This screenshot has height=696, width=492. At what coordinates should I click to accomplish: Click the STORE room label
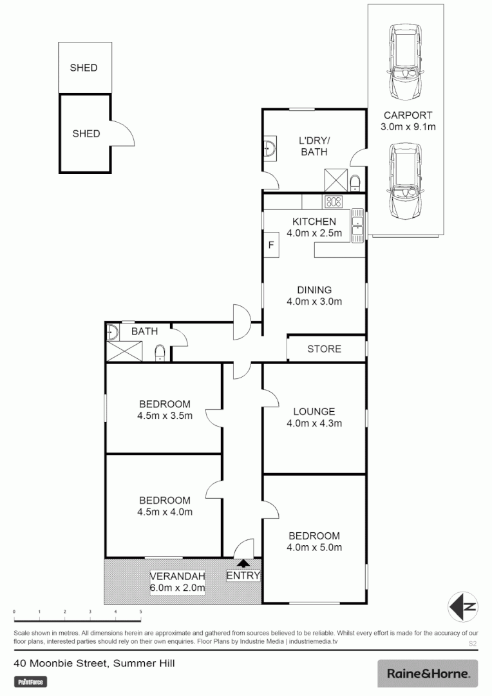point(324,349)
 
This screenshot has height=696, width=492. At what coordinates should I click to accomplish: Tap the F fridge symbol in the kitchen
point(271,245)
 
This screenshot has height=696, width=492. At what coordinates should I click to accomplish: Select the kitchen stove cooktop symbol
point(334,202)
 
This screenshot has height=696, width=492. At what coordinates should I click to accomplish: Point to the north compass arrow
point(464,606)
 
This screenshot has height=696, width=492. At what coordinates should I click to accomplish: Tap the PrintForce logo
point(31,681)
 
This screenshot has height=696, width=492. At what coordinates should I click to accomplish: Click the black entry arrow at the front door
point(242,564)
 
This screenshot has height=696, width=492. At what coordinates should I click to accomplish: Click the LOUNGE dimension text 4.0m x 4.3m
point(314,423)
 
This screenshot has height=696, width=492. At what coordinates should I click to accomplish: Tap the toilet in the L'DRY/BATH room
point(355,181)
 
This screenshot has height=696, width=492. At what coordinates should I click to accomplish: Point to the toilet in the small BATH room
point(160,352)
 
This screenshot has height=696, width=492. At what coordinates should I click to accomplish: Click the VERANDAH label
point(177,575)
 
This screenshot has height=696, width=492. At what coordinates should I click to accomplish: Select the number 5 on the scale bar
point(140,612)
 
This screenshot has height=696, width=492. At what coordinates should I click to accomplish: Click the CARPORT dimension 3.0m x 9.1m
point(408,127)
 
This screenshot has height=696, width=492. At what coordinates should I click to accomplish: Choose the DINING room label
point(314,289)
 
